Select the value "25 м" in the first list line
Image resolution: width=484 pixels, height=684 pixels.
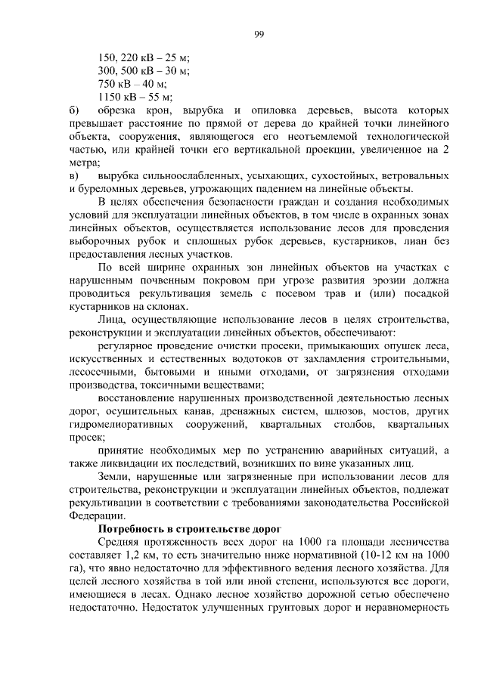pos(176,57)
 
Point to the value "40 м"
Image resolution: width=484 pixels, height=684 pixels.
pos(154,83)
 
